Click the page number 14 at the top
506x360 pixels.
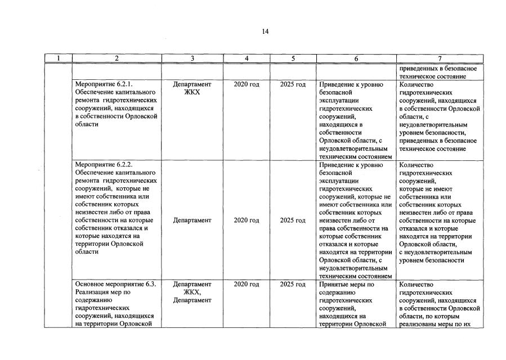pyautogui.click(x=265, y=32)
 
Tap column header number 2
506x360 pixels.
pyautogui.click(x=117, y=58)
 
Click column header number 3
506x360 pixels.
pyautogui.click(x=192, y=58)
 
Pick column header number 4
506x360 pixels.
pyautogui.click(x=247, y=58)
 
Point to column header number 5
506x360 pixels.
pyautogui.click(x=293, y=58)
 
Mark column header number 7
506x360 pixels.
pyautogui.click(x=440, y=58)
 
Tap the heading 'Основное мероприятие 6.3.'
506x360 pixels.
pyautogui.click(x=115, y=285)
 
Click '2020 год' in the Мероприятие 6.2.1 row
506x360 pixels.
pyautogui.click(x=247, y=84)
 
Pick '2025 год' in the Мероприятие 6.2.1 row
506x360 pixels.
pyautogui.click(x=293, y=84)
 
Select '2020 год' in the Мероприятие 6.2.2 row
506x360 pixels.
pyautogui.click(x=247, y=220)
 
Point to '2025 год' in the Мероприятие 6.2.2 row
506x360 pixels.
pyautogui.click(x=293, y=220)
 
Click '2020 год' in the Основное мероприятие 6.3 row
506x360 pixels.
pyautogui.click(x=247, y=285)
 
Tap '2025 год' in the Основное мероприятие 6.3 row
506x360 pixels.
pyautogui.click(x=293, y=285)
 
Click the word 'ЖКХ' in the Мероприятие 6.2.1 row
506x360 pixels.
pyautogui.click(x=192, y=92)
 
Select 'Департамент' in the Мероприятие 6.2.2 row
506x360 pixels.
pyautogui.click(x=192, y=220)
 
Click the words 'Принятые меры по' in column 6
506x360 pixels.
pyautogui.click(x=346, y=285)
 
